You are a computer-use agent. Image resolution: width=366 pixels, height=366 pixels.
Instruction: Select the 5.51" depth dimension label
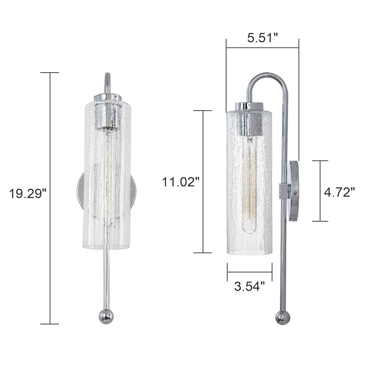point(263,38)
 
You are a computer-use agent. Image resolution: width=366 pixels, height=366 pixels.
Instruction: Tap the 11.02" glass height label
point(180,182)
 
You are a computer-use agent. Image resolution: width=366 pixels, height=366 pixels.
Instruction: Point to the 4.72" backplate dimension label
point(339,192)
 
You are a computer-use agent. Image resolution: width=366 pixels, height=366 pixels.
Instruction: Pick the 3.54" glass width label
point(249,287)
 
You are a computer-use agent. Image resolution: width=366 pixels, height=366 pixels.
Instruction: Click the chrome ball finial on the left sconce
point(106,316)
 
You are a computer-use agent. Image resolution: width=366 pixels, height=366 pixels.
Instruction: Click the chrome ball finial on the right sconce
point(282,317)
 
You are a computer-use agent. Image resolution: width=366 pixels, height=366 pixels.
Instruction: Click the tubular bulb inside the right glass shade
point(249,188)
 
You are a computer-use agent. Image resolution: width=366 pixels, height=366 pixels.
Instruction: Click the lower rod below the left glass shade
point(106,279)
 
